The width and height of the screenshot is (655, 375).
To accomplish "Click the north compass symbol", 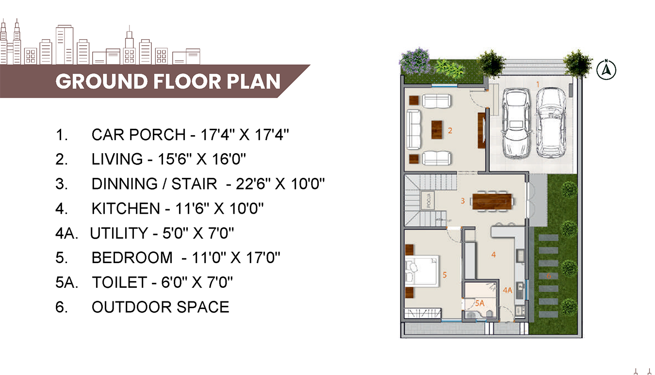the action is (606, 69).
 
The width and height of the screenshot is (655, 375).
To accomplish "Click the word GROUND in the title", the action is (101, 81).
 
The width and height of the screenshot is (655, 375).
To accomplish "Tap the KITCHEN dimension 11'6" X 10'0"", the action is (219, 208).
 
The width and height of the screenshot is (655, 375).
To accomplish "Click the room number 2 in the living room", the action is (450, 130).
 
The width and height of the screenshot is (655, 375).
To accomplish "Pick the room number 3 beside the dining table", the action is (462, 201).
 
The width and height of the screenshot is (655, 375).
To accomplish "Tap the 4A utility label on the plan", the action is (508, 290).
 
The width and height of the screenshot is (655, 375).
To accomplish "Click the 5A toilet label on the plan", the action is (480, 303).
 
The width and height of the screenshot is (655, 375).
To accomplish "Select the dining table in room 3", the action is (492, 201).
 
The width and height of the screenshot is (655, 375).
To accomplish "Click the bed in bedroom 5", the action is (422, 270).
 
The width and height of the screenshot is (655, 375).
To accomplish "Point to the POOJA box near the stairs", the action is (427, 201).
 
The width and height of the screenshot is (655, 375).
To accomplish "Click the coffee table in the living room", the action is (437, 130).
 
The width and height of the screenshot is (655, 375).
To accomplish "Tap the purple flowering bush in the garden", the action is (414, 62).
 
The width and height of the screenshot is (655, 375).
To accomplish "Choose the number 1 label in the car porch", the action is (538, 84).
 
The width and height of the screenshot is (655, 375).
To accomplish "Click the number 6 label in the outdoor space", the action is (549, 276).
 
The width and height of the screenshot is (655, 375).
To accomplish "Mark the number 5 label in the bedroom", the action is (444, 275).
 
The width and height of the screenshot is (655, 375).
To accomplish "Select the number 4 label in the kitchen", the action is (493, 255).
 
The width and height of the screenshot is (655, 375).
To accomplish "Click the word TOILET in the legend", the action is (119, 282).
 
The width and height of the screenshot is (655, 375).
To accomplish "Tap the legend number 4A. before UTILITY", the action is (67, 233).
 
